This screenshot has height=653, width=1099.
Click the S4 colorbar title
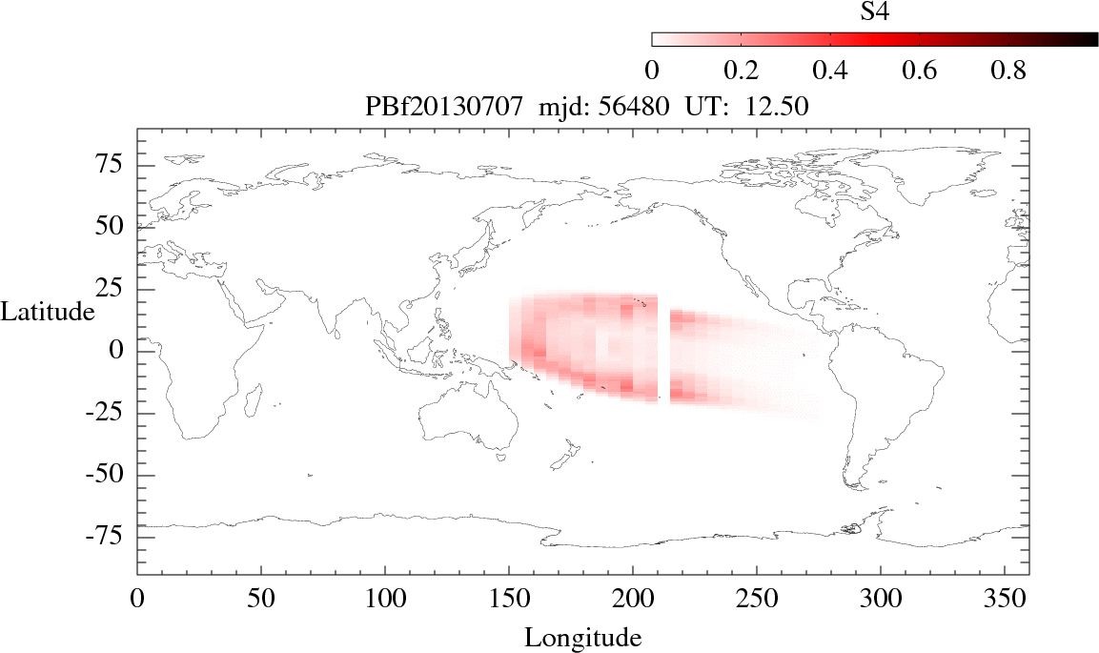click(874, 11)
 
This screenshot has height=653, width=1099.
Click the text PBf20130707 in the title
click(443, 108)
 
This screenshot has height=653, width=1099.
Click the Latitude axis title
click(48, 312)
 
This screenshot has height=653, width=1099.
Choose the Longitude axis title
click(583, 637)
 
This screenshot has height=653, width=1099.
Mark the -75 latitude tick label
click(107, 537)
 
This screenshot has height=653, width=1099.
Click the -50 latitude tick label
click(107, 475)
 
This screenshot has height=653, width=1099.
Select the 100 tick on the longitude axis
click(384, 601)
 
